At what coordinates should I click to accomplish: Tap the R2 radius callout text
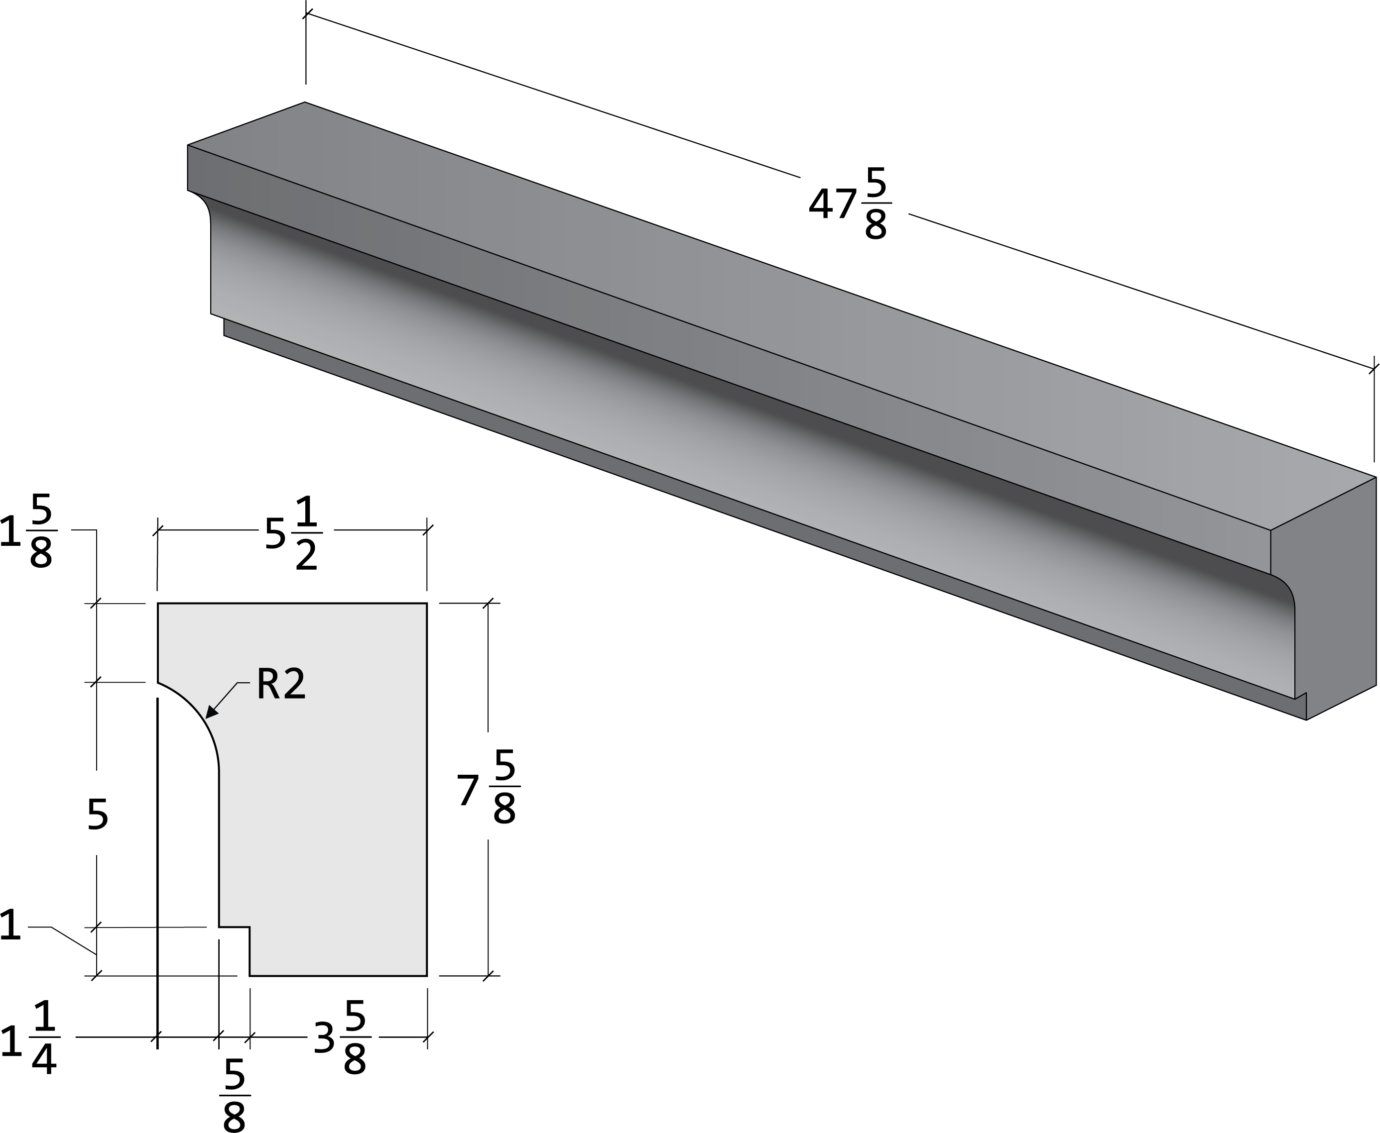pos(281,685)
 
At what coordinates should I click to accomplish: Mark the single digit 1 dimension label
pos(10,927)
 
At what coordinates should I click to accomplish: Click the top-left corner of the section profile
pos(158,604)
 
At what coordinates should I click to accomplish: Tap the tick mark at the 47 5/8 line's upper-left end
pos(306,13)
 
